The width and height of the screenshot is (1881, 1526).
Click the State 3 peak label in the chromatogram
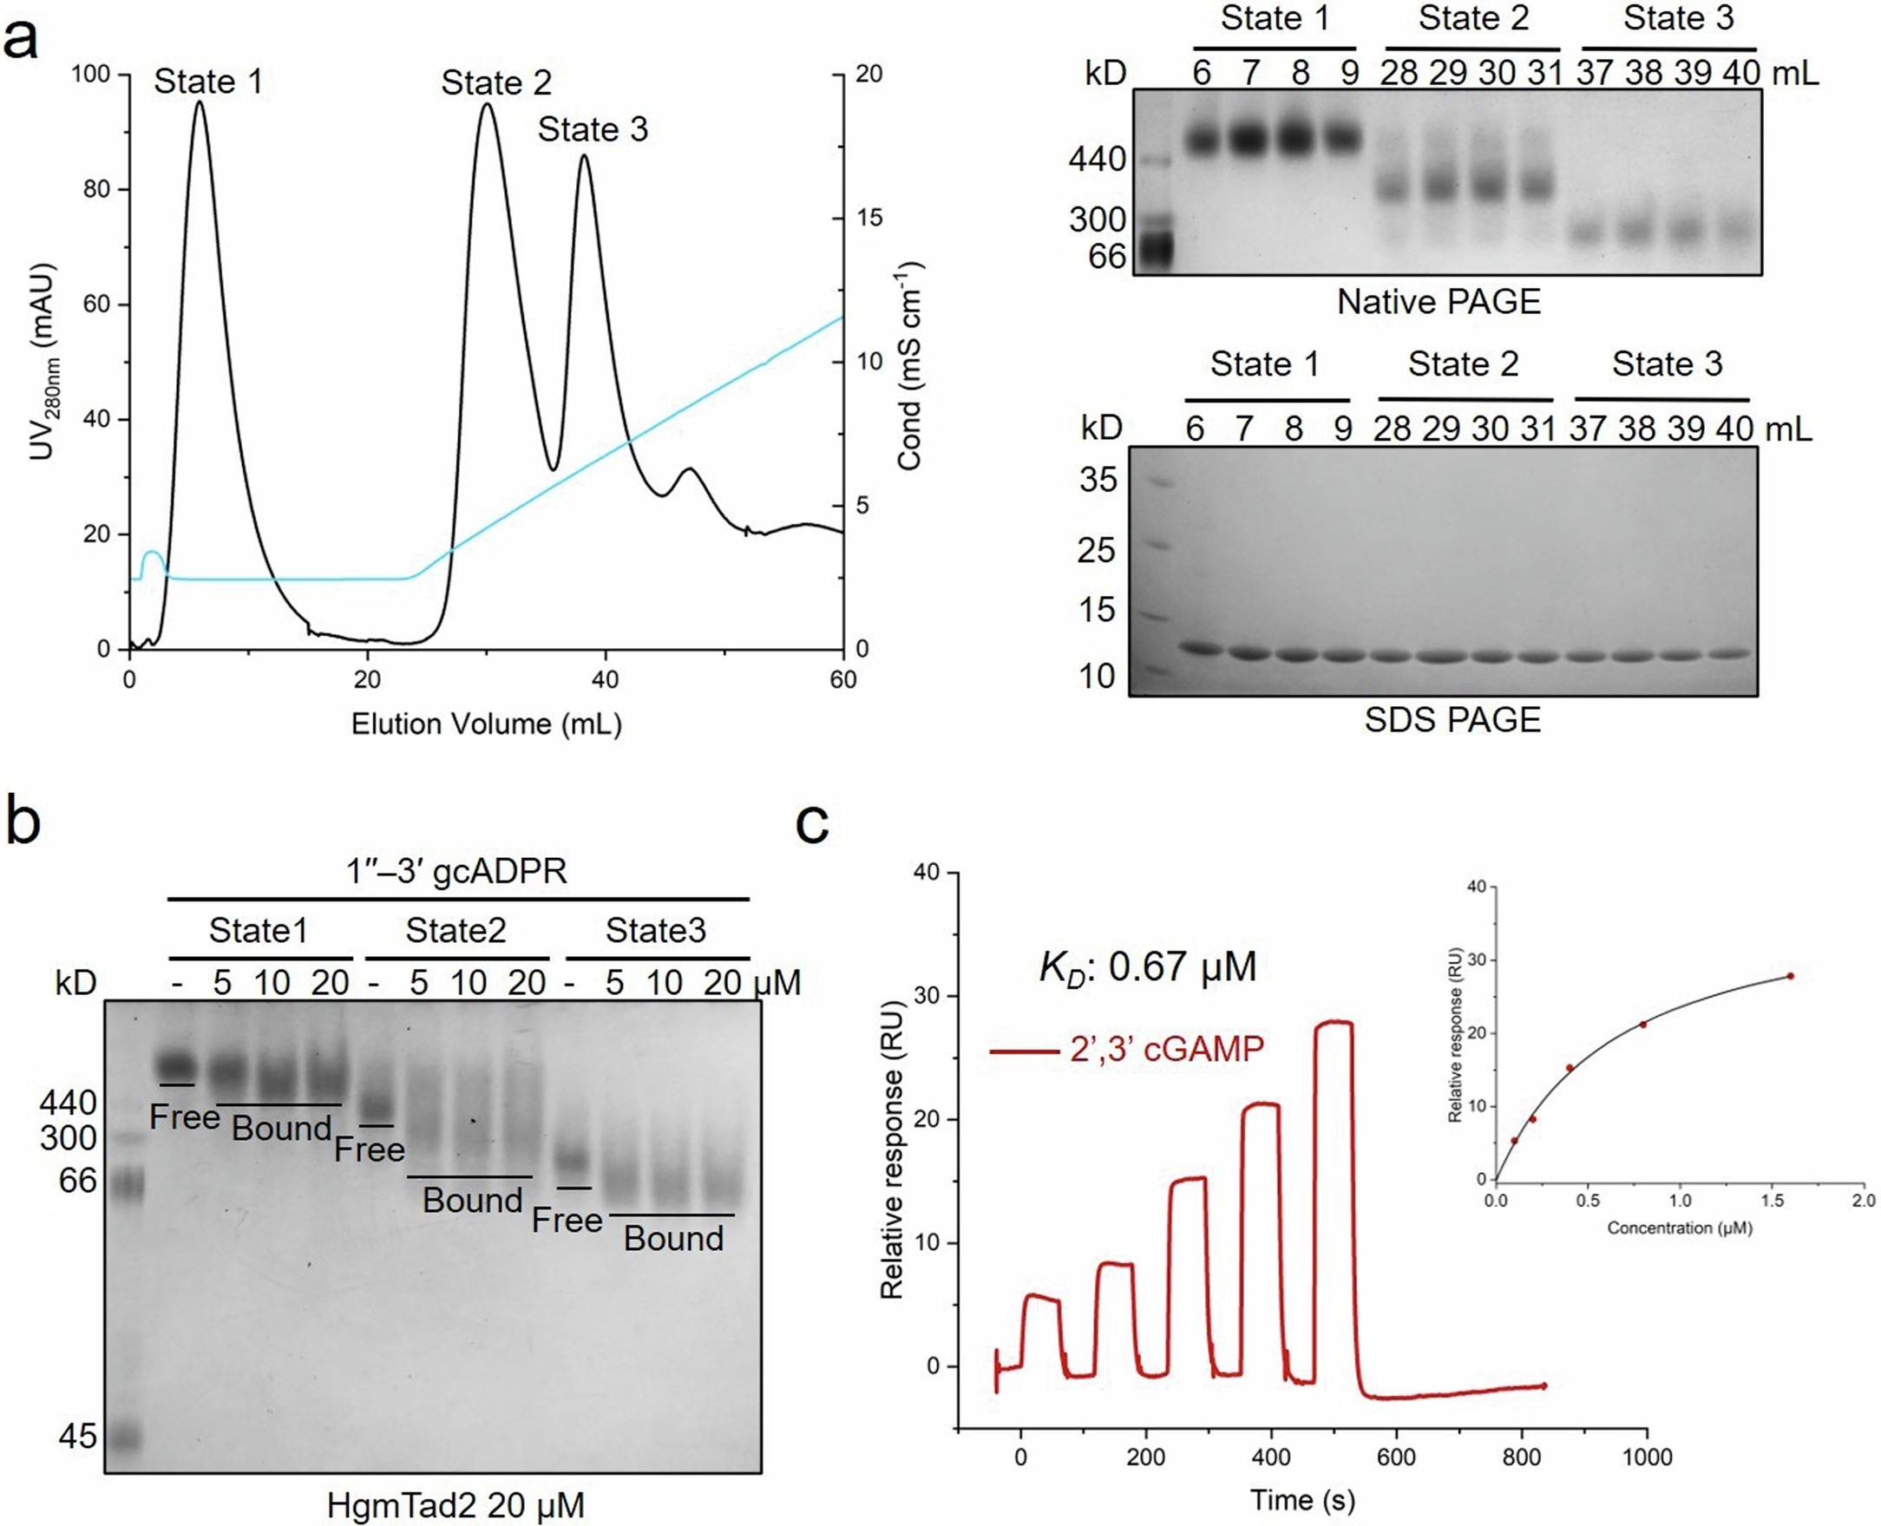coord(593,130)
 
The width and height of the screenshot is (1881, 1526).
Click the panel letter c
coord(811,823)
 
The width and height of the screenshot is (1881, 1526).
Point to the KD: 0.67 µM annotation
coord(1147,967)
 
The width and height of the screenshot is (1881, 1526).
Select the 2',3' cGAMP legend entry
coord(1129,1049)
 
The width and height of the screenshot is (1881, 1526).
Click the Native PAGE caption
coord(1439,303)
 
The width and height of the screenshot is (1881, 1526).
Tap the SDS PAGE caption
coord(1452,720)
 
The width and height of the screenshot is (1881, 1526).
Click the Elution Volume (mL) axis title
coord(486,724)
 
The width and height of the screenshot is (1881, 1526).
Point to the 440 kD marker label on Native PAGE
coord(1097,160)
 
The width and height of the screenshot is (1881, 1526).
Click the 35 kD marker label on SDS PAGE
coord(1098,480)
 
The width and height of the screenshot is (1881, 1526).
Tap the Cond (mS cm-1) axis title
coord(911,364)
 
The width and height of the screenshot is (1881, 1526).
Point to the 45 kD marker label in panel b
coord(77,1437)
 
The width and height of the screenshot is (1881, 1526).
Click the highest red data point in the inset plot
coord(1790,976)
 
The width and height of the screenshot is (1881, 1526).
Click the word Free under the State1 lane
coord(185,1117)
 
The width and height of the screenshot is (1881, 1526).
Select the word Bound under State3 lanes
coord(673,1239)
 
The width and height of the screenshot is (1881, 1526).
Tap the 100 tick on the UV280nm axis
coord(90,75)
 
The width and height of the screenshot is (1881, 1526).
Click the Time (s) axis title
coord(1301,1500)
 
